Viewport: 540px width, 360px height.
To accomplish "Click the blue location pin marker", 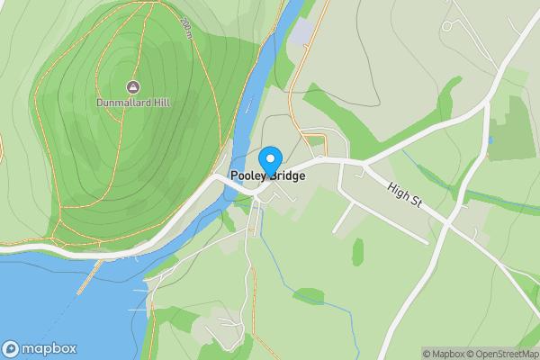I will (267, 160).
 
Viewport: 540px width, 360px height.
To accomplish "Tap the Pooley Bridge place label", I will (267, 176).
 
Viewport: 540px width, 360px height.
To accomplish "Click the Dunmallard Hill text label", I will (133, 103).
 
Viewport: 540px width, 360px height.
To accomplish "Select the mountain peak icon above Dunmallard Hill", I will (133, 87).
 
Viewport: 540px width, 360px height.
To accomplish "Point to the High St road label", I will (406, 198).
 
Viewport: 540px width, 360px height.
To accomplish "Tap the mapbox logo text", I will (49, 349).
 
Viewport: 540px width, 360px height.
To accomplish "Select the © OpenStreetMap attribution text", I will (504, 354).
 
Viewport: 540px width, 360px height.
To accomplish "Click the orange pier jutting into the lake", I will (87, 280).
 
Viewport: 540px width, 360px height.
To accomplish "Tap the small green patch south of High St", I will (357, 251).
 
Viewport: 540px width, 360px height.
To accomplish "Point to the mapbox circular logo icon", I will (11, 349).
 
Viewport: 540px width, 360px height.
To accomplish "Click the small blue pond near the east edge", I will (490, 139).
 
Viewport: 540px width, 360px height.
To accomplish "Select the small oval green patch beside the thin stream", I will (308, 295).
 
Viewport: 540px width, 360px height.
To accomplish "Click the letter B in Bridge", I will (268, 176).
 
